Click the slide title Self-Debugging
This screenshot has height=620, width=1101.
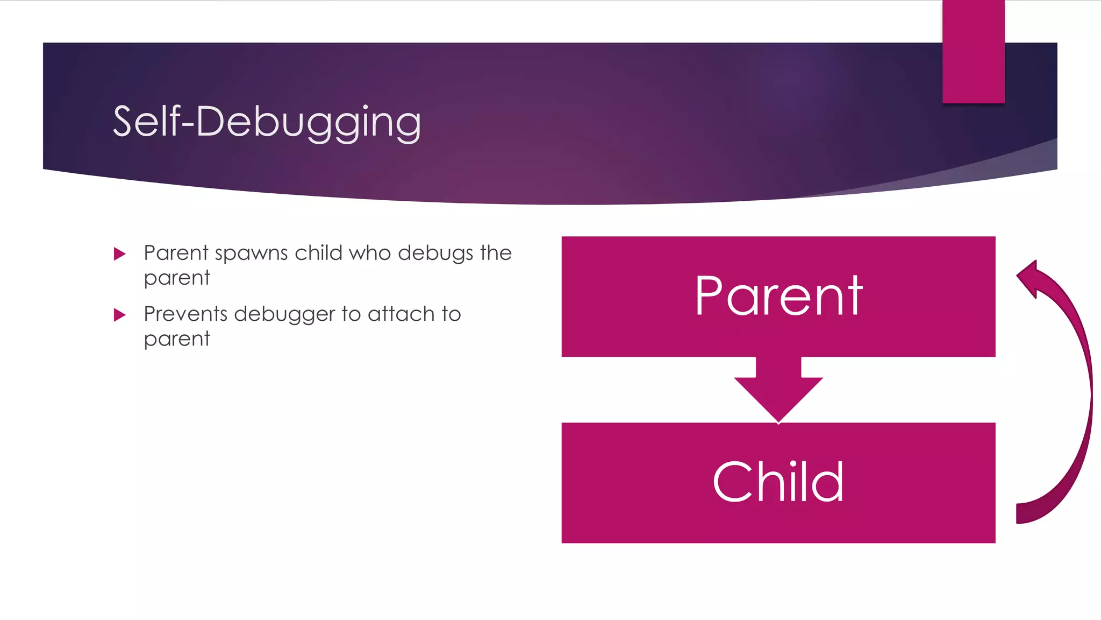(267, 123)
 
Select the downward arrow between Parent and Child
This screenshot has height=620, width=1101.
(778, 391)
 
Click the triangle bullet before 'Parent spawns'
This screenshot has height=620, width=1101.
(119, 253)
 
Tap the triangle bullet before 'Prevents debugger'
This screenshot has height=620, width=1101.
(119, 315)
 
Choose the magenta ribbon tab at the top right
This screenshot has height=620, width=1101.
(973, 51)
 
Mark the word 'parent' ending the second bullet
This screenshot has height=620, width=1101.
(177, 340)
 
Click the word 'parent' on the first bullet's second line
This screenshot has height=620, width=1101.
(177, 279)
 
